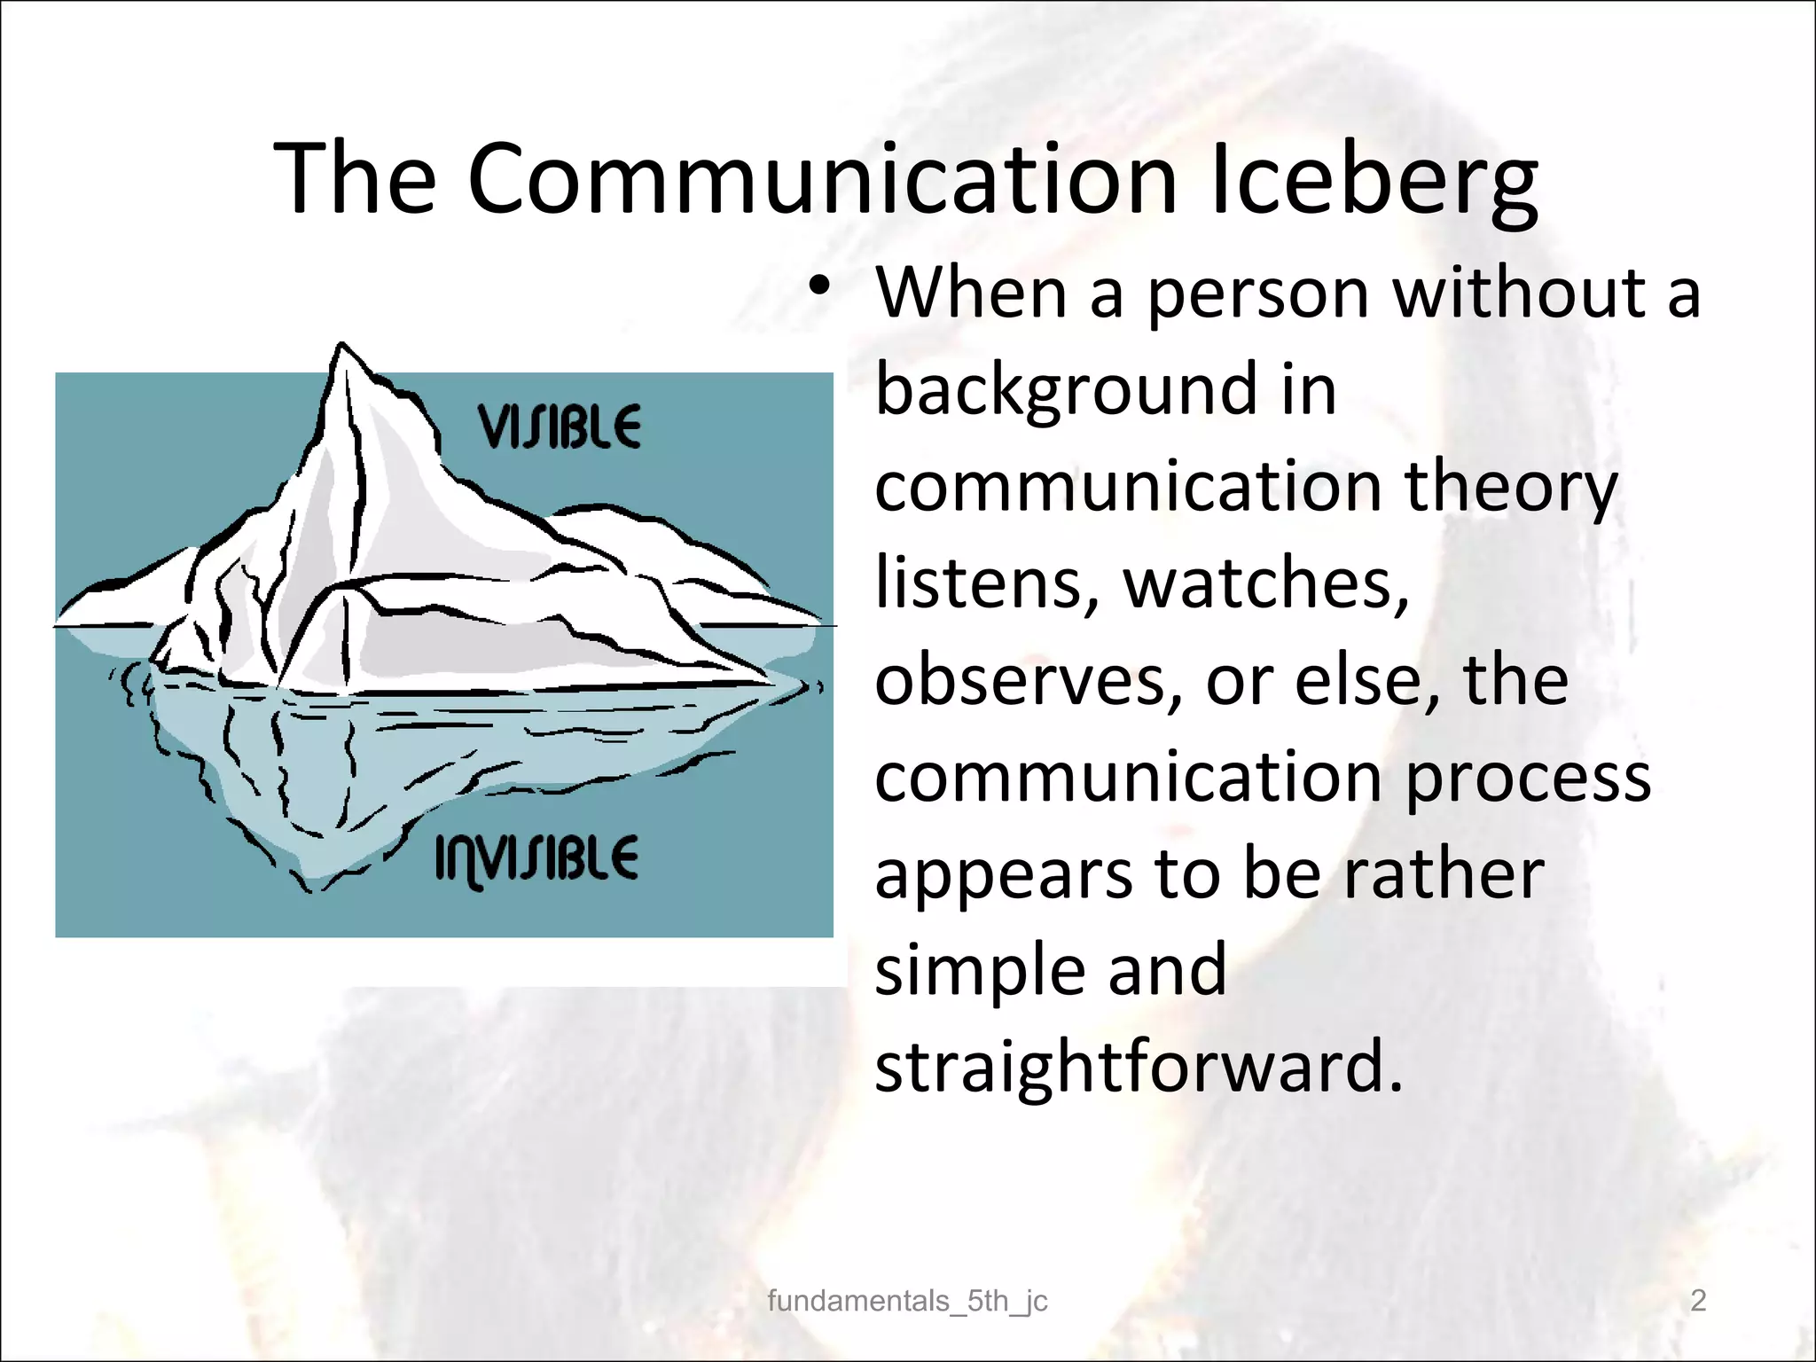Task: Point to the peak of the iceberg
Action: point(341,348)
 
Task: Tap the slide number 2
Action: point(1698,1301)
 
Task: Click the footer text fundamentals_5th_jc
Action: point(907,1301)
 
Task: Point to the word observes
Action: point(1029,680)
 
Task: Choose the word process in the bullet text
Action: point(1528,778)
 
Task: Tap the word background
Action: point(1067,389)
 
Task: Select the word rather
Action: point(1444,873)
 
